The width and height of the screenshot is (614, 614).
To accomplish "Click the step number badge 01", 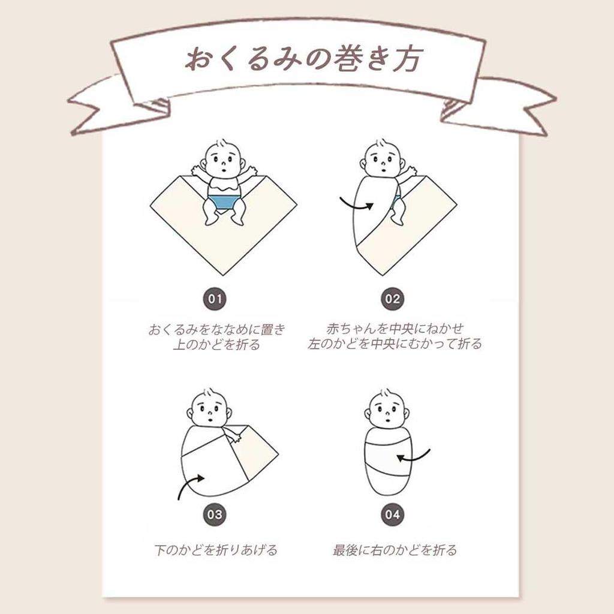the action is tap(215, 299).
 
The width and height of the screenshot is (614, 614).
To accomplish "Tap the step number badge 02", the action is tap(392, 299).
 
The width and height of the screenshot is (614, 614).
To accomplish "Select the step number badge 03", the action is tap(215, 514).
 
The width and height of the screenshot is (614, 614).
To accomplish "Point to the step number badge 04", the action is tap(392, 514).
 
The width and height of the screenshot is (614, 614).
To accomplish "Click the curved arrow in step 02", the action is tap(356, 205).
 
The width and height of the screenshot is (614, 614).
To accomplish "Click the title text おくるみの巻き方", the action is tap(304, 59).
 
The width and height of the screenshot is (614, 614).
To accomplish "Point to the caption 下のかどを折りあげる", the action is tap(216, 550).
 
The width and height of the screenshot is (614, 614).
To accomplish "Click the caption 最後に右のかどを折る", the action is tap(395, 550).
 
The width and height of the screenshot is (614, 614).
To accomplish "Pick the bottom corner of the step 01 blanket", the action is tap(224, 275).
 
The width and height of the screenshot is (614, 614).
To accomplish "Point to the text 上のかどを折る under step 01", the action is tap(216, 344).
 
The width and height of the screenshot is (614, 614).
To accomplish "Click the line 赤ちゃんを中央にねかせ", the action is tap(395, 328).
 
